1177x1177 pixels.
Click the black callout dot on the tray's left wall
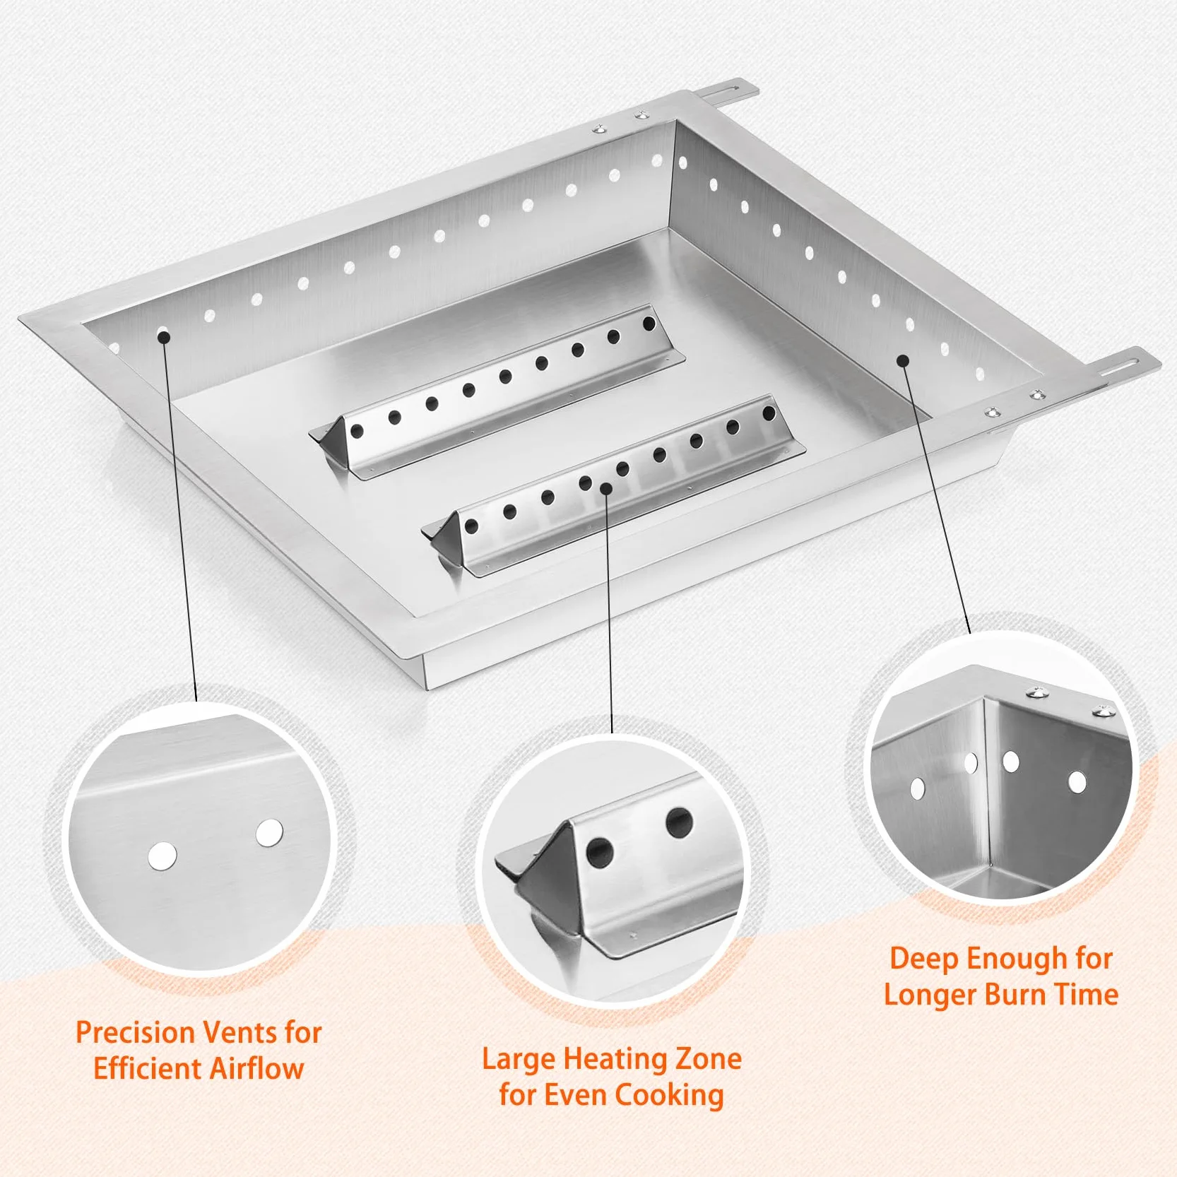[164, 336]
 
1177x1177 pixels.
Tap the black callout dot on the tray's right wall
[903, 360]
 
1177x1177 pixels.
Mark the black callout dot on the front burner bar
[606, 488]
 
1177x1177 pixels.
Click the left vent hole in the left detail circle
[163, 856]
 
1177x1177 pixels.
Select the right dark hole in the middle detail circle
[679, 823]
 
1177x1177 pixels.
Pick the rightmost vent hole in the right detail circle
[1077, 782]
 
